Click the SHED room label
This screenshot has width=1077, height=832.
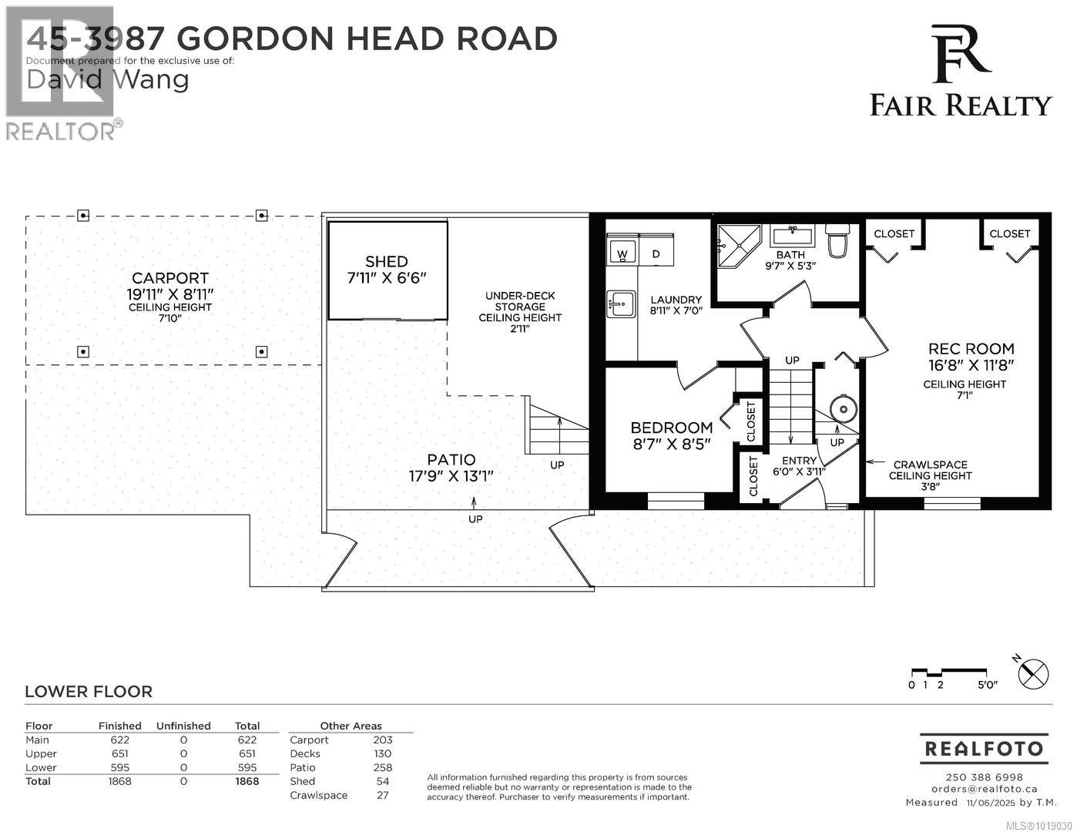(387, 262)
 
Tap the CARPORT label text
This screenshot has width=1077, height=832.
(169, 278)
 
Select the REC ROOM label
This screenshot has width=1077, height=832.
(971, 349)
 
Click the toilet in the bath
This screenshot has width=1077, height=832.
(837, 240)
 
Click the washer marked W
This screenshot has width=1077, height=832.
(622, 252)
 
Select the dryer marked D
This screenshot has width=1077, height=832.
(656, 252)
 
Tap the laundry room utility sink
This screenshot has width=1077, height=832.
(620, 304)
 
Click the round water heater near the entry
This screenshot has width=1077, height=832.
(844, 408)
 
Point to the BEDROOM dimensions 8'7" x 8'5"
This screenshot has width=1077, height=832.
(670, 444)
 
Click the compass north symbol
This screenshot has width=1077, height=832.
(1033, 674)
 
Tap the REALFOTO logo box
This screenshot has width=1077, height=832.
(984, 748)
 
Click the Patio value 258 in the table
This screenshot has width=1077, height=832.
(382, 767)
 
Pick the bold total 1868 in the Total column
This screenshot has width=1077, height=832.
(247, 781)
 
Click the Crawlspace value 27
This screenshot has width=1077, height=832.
(382, 795)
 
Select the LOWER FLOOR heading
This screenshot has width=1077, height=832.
(89, 692)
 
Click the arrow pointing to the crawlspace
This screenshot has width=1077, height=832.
(874, 463)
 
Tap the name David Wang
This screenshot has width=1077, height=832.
(108, 79)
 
